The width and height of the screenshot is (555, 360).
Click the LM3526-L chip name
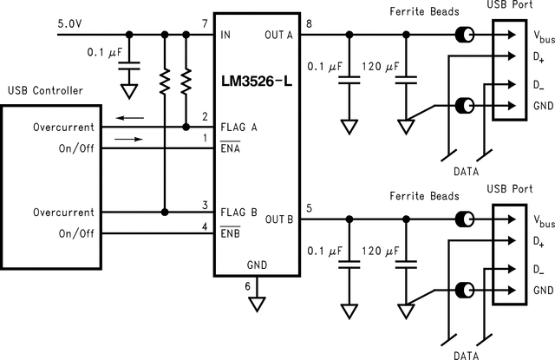click(x=257, y=85)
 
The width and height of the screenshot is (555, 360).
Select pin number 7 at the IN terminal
click(x=205, y=23)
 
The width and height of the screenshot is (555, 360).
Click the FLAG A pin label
click(x=239, y=127)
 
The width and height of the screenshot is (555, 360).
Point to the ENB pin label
click(x=231, y=234)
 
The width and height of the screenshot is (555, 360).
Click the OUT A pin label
click(x=279, y=36)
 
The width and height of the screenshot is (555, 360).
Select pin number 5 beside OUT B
click(x=310, y=208)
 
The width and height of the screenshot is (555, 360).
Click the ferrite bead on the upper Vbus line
click(x=466, y=36)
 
